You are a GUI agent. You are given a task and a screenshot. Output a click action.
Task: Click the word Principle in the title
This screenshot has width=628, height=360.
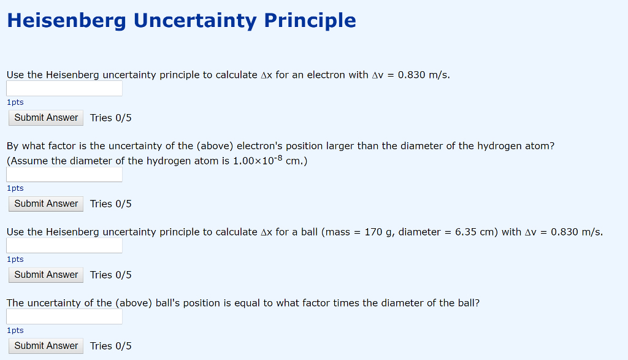(310, 21)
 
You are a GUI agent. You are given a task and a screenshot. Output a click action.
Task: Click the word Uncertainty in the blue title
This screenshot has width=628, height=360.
(195, 21)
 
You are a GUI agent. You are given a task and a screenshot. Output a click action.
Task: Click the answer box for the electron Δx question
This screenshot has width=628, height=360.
(64, 89)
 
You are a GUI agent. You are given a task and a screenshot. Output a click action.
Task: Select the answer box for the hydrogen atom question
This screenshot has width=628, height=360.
(64, 175)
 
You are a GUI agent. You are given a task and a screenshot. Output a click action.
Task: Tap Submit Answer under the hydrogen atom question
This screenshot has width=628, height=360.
(46, 204)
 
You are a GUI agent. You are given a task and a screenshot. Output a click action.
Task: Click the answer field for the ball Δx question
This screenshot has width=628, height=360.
(64, 246)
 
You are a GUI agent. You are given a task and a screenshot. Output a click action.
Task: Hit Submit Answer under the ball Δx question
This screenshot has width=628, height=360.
(46, 275)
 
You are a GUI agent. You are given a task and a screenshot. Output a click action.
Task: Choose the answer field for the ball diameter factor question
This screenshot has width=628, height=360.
(64, 317)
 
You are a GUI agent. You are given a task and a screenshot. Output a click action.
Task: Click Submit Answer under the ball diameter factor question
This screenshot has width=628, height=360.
(46, 346)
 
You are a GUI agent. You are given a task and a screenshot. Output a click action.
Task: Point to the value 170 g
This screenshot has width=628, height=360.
(378, 232)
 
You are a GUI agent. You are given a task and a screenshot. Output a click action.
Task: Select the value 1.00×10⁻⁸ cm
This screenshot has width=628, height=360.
(270, 161)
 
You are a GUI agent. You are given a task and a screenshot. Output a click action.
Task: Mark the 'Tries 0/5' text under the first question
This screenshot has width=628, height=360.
(111, 118)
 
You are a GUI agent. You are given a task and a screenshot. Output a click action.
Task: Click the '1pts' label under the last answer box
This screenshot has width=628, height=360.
(15, 331)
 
